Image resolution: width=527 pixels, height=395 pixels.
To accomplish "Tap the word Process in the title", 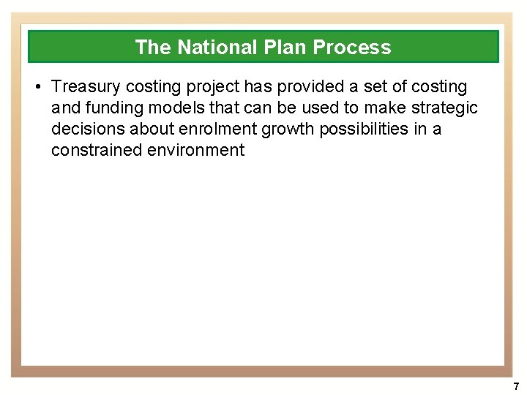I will click(352, 48).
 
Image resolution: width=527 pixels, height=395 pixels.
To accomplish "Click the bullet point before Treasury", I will click(37, 87).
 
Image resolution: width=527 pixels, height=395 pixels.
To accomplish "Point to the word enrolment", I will click(206, 129).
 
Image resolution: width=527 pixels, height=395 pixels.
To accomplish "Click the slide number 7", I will click(516, 385).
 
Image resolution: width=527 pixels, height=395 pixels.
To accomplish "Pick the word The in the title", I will click(152, 48).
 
